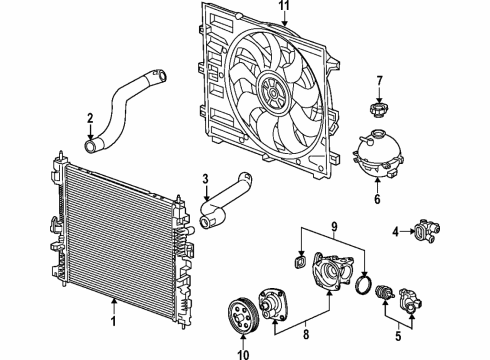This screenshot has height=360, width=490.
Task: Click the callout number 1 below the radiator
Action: [x=114, y=322]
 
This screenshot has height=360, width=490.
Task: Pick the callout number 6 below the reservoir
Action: [x=378, y=199]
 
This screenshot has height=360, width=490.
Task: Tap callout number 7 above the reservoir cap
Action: [x=379, y=80]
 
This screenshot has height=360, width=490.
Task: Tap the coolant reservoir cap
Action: [x=378, y=110]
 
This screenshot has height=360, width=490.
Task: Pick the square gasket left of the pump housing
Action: [x=297, y=263]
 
